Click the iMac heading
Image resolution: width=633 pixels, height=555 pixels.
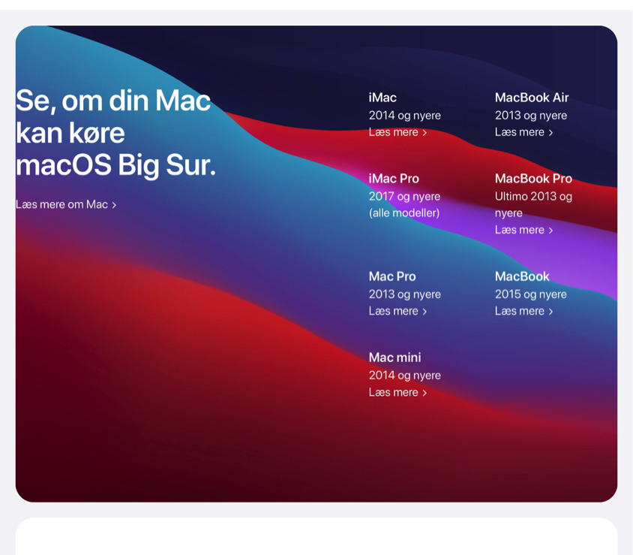[x=382, y=98]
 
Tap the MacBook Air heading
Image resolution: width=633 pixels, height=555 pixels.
[x=532, y=98]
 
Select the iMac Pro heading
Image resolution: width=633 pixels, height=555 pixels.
[x=394, y=178]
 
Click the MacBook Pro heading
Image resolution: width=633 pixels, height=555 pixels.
[x=533, y=178]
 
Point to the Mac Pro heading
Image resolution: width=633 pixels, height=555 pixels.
[x=392, y=276]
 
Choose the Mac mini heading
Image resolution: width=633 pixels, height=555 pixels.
[x=394, y=357]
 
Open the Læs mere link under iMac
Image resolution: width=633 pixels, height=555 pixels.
[x=397, y=132]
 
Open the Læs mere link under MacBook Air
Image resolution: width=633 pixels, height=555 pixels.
[x=524, y=132]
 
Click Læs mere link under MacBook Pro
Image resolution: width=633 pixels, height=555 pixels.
[x=524, y=230]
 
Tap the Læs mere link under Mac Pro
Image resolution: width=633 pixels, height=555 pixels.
[x=397, y=311]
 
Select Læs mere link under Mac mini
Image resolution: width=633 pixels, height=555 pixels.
[x=397, y=393]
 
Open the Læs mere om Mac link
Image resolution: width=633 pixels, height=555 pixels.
[x=66, y=204]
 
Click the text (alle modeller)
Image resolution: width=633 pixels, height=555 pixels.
[x=404, y=213]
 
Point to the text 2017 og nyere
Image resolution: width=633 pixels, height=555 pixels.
[x=404, y=197]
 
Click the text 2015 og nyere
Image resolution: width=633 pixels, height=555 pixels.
[x=531, y=294]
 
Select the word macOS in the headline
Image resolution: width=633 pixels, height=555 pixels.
[x=64, y=165]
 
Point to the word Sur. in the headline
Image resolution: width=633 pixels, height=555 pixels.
[x=191, y=165]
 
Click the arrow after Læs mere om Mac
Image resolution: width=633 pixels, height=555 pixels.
[x=114, y=205]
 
